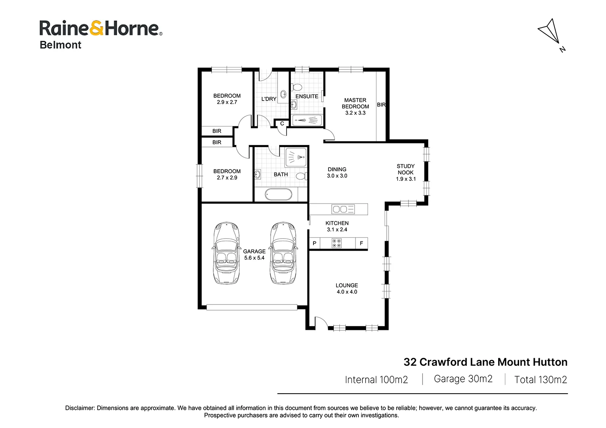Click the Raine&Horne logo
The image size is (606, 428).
[x=101, y=28]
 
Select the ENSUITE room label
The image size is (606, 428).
[x=307, y=97]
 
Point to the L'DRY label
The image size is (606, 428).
[x=269, y=99]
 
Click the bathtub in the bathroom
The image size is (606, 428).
[x=278, y=195]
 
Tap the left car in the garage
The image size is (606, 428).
[x=226, y=253]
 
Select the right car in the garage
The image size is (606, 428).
[x=283, y=253]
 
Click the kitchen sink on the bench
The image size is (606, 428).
[x=343, y=209]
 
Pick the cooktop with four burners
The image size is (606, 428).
[x=337, y=243]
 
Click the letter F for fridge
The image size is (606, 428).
[x=361, y=243]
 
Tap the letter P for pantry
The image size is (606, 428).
[x=314, y=243]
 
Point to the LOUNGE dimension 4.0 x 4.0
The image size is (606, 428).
[x=347, y=292]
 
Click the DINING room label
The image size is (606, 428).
[x=337, y=170]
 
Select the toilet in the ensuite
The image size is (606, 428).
[x=297, y=87]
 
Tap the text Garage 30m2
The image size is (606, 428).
[x=463, y=379]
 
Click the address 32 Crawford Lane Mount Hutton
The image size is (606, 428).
[x=485, y=362]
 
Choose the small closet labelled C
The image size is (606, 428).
[x=282, y=124]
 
